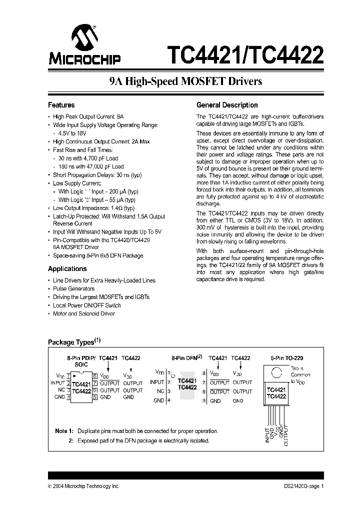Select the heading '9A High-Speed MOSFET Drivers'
click(185, 81)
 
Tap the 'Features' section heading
click(61, 105)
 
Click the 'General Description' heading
click(227, 105)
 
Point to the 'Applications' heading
click(67, 268)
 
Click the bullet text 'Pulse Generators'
click(73, 288)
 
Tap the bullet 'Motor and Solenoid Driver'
click(83, 313)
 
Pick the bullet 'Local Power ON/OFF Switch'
click(86, 305)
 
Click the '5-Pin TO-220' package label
click(287, 358)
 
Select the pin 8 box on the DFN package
click(204, 373)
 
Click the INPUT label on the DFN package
click(157, 382)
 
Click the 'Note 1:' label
click(64, 430)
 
